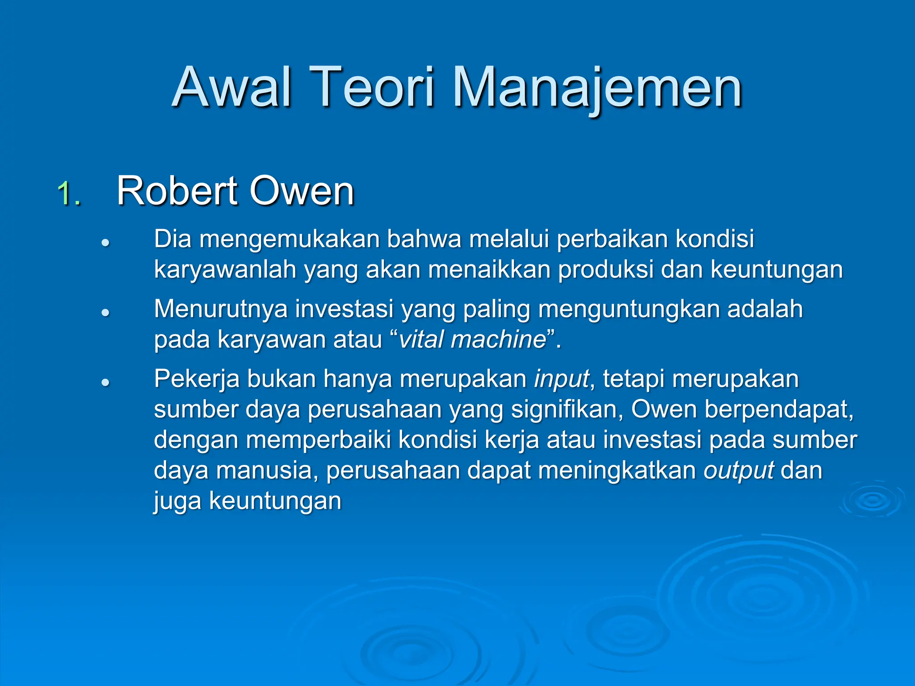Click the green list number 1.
pos(69,193)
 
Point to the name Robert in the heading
pos(177,191)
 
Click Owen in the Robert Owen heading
pos(302,191)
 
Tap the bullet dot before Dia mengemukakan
pos(105,243)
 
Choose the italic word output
pos(739,470)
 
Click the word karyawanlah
pos(225,270)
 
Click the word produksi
pos(606,270)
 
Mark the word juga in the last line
pos(177,501)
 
